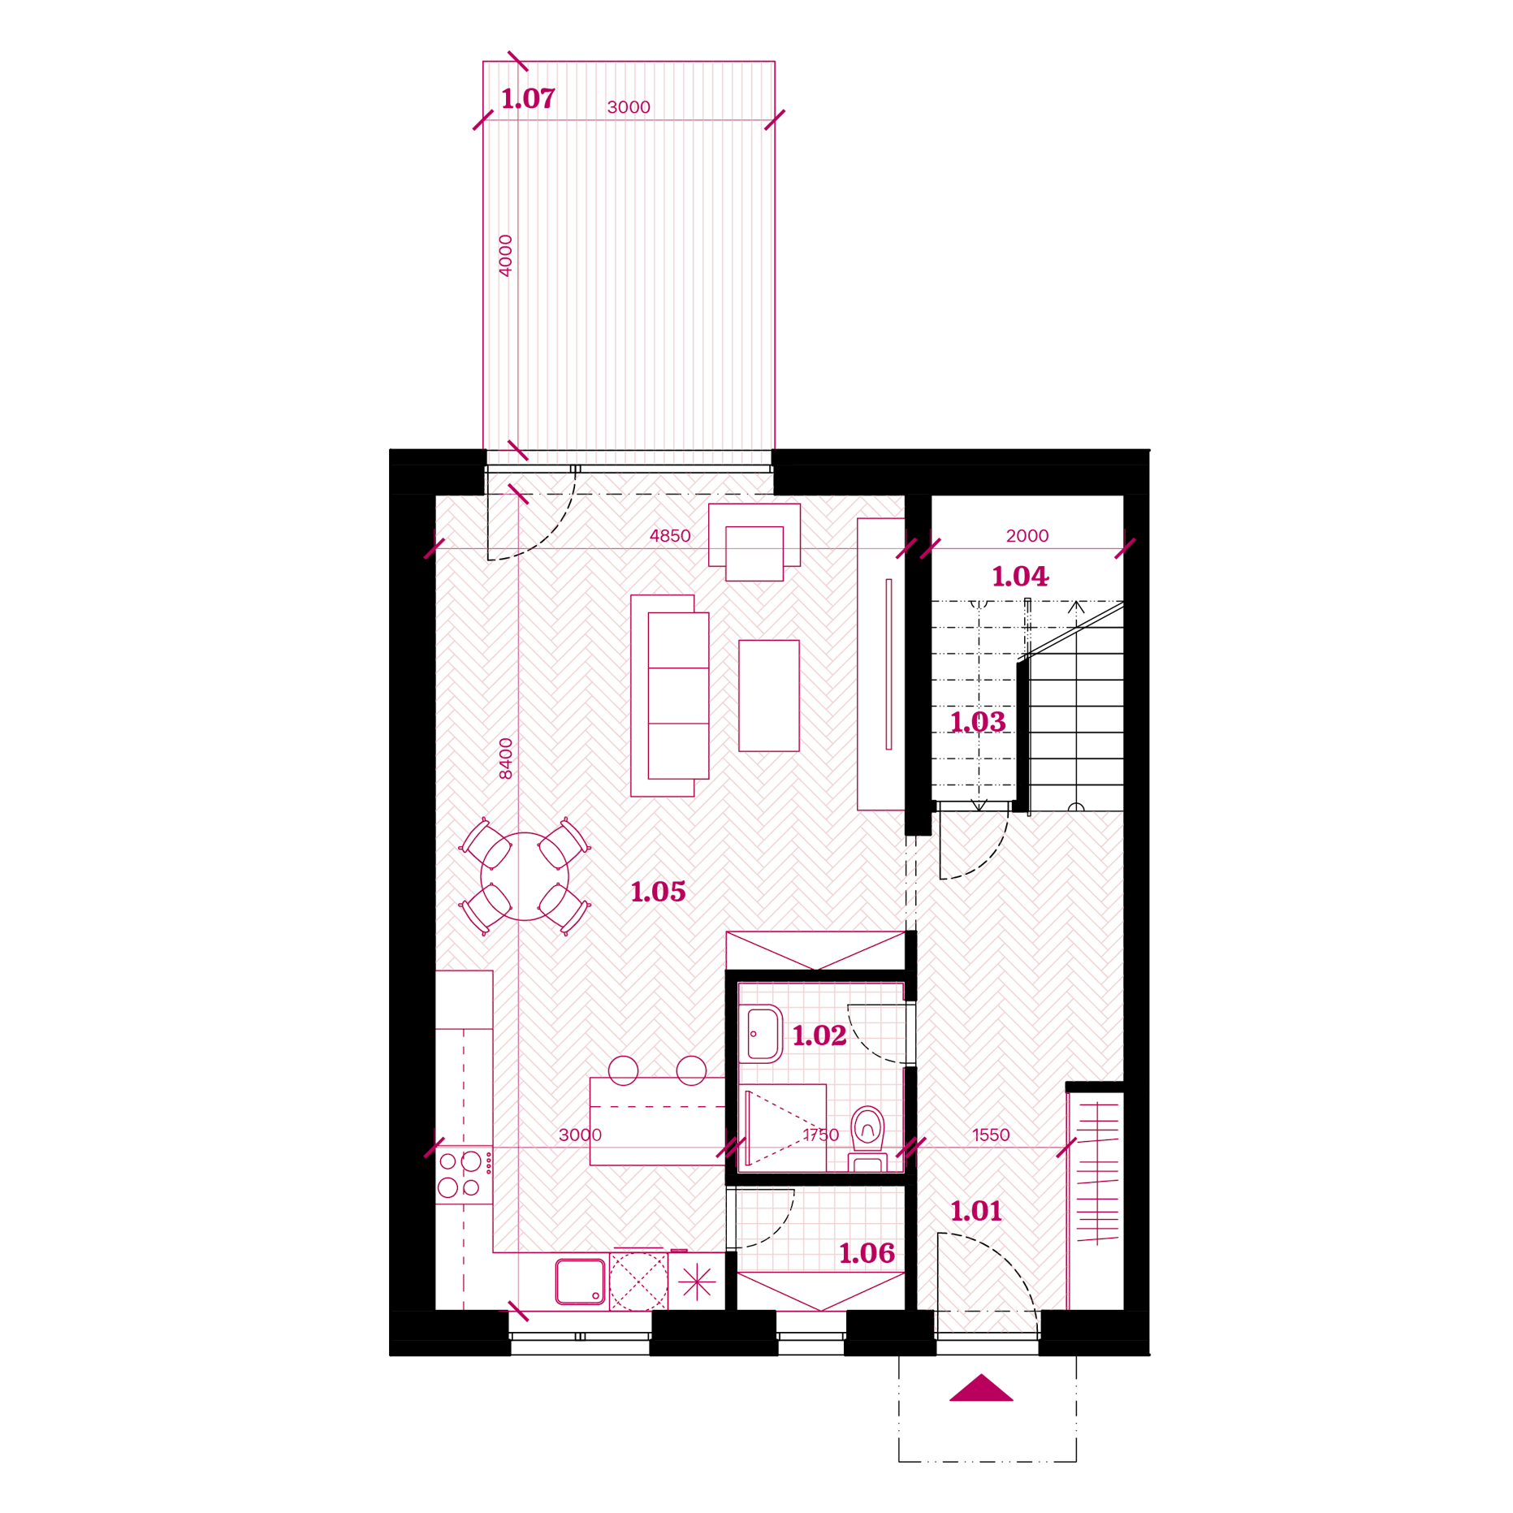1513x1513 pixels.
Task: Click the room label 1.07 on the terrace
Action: tap(528, 98)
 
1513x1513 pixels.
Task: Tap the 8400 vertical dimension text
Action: tap(505, 759)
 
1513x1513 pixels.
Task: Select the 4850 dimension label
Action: tap(670, 536)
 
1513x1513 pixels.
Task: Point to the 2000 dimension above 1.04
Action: tap(1027, 536)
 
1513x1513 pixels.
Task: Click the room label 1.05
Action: tap(658, 892)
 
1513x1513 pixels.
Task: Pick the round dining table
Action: tap(525, 876)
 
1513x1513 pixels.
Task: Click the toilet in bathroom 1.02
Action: tap(867, 1138)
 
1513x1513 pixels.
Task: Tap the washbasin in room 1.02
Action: tap(763, 1034)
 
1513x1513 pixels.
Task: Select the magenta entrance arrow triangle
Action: tap(981, 1387)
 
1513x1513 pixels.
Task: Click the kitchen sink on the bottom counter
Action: tap(580, 1282)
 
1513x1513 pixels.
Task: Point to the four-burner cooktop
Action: tap(464, 1174)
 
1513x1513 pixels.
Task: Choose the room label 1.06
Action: tap(867, 1253)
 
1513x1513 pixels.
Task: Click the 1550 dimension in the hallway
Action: tap(991, 1135)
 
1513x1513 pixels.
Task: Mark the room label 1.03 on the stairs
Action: tap(978, 722)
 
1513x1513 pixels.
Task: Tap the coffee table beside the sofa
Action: tap(768, 695)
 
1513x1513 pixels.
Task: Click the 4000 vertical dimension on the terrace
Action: tap(505, 256)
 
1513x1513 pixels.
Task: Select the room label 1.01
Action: tap(976, 1211)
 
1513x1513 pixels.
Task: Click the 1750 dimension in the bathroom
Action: tap(820, 1135)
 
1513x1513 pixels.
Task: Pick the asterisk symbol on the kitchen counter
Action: tap(697, 1282)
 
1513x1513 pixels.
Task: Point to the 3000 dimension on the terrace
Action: tap(629, 107)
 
